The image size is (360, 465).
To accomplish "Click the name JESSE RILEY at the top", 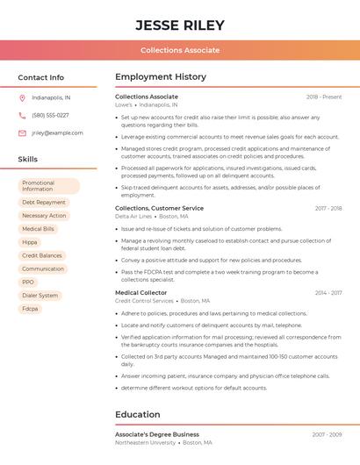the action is click(180, 25).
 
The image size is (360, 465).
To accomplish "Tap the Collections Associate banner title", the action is click(180, 50).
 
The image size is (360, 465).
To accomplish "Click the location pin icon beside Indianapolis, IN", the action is click(22, 97).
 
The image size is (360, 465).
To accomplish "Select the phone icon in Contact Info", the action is click(22, 115).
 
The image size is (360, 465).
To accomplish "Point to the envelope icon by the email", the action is click(22, 132).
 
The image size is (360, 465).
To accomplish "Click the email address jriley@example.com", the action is click(57, 132).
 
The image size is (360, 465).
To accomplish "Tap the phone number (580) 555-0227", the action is click(50, 115).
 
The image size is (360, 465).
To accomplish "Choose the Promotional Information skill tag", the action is click(49, 186).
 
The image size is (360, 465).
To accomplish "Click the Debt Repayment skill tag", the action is click(44, 202).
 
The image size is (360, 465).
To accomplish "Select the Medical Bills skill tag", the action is click(38, 228).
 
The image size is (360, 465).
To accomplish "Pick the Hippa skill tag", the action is click(30, 242).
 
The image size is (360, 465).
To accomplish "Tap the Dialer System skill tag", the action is click(40, 296).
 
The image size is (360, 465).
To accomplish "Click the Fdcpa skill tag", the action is click(31, 309).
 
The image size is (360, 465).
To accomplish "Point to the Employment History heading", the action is click(161, 77).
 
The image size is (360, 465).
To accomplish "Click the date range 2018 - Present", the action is click(324, 97).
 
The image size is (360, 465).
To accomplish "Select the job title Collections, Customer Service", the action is click(159, 208).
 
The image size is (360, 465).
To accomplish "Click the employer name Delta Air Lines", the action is click(133, 216).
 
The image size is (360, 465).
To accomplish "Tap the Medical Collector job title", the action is click(140, 292).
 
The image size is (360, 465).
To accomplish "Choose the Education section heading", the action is click(138, 414).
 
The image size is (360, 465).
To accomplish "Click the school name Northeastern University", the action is click(145, 442).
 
